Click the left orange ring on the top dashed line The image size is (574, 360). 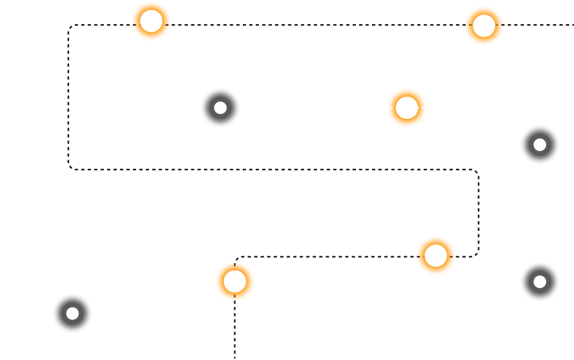pyautogui.click(x=151, y=21)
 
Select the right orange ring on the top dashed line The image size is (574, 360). pyautogui.click(x=484, y=26)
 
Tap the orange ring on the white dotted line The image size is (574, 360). pyautogui.click(x=407, y=108)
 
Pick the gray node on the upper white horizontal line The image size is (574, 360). pyautogui.click(x=220, y=108)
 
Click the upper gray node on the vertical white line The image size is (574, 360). pyautogui.click(x=540, y=145)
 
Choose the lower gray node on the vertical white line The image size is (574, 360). pyautogui.click(x=540, y=282)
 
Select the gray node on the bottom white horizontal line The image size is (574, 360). pyautogui.click(x=72, y=313)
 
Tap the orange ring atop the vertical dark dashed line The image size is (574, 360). pyautogui.click(x=235, y=281)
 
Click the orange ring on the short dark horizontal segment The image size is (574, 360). pyautogui.click(x=436, y=256)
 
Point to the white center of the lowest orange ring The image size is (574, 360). pyautogui.click(x=235, y=281)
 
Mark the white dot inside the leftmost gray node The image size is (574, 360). pyautogui.click(x=72, y=313)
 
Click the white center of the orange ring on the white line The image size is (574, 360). pyautogui.click(x=407, y=108)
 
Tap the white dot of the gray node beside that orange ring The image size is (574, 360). pyautogui.click(x=220, y=108)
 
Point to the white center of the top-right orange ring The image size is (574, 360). pyautogui.click(x=484, y=26)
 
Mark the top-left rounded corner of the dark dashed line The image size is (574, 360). pyautogui.click(x=71, y=27)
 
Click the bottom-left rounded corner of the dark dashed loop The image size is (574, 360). pyautogui.click(x=71, y=167)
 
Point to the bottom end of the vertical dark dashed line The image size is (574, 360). pyautogui.click(x=235, y=357)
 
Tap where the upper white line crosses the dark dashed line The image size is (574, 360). pyautogui.click(x=69, y=108)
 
